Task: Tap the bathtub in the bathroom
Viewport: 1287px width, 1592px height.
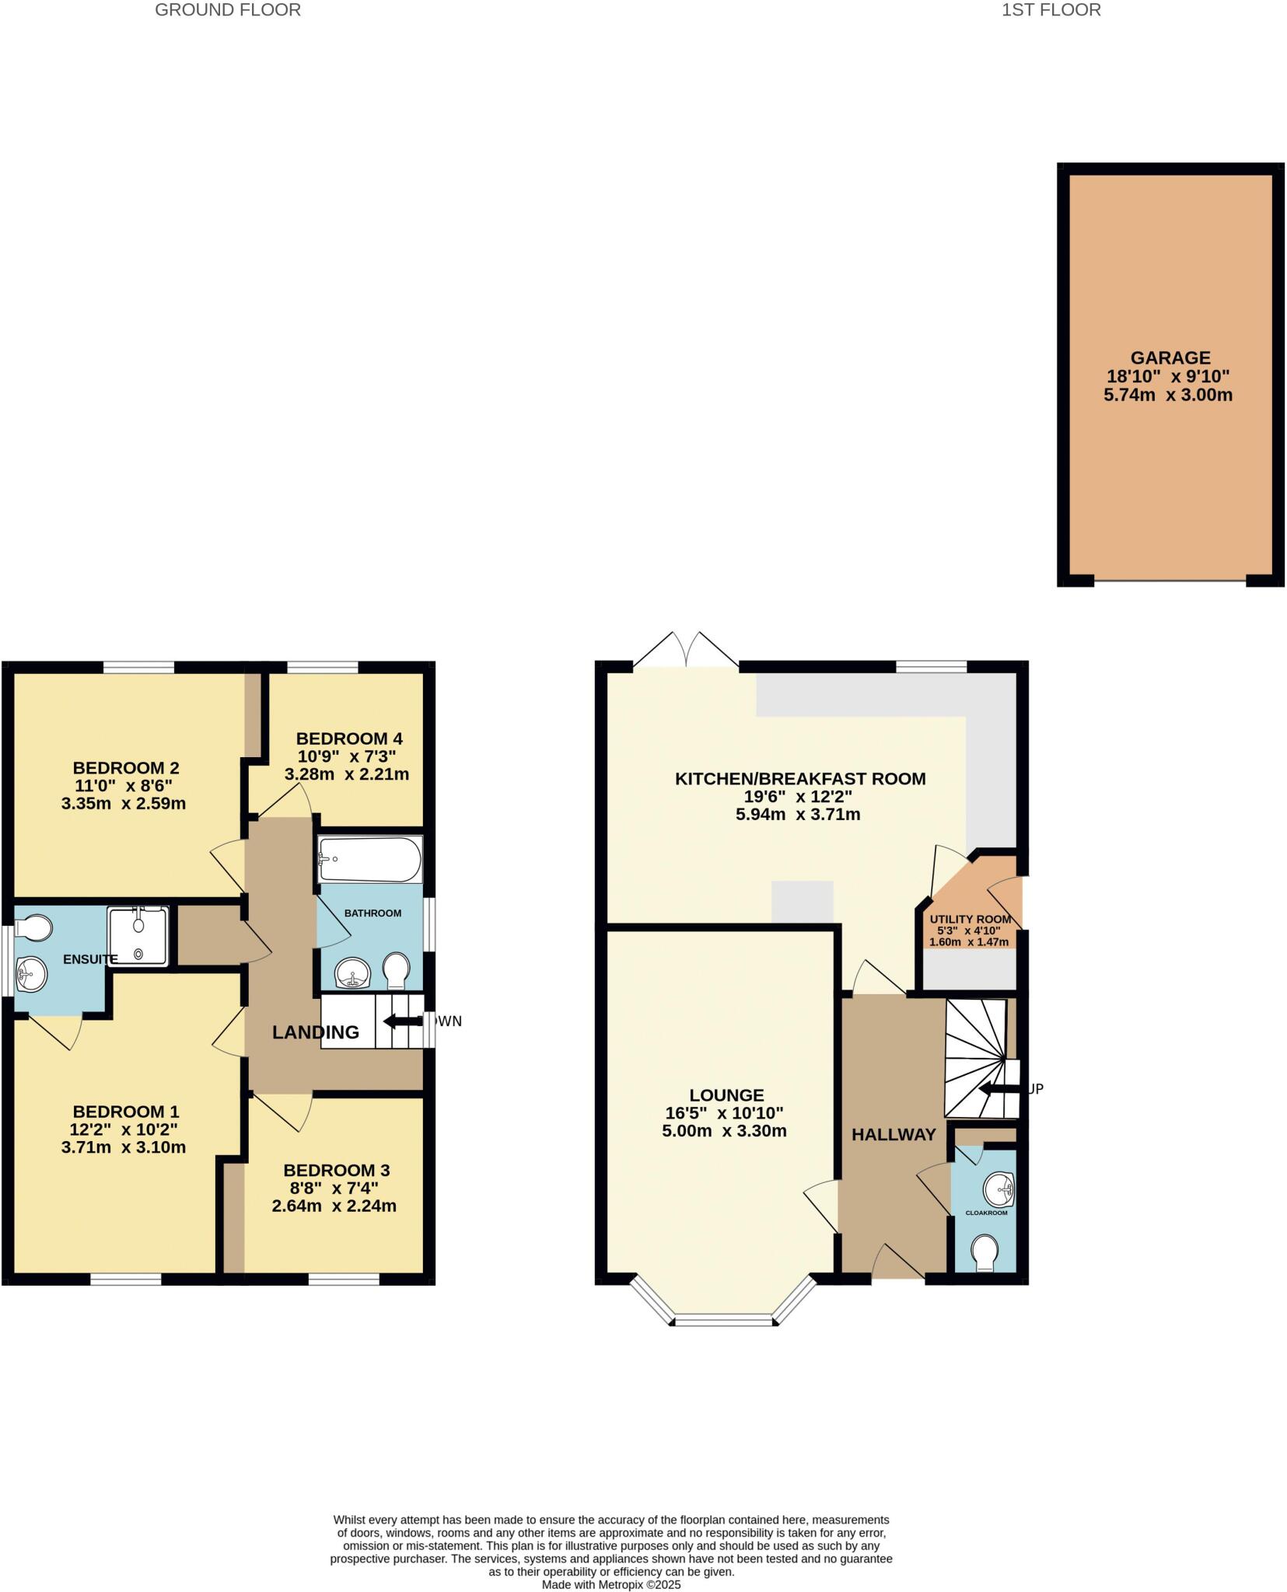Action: point(369,859)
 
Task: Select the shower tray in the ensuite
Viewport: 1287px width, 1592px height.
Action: point(138,936)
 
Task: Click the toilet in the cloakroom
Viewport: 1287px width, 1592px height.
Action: point(985,1252)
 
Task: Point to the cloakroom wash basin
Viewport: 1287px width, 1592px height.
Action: point(998,1189)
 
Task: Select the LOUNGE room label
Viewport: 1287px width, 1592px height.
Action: point(726,1095)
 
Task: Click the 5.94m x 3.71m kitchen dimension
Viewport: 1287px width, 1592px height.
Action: point(798,815)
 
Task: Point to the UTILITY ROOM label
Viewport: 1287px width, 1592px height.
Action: point(970,920)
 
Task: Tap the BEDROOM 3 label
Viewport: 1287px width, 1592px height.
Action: point(336,1170)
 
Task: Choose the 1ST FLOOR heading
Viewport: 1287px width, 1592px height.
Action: point(1051,10)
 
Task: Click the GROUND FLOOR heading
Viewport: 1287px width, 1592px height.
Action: point(228,10)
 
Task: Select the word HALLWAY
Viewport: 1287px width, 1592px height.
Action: point(894,1134)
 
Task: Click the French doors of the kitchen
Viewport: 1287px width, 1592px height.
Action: point(687,651)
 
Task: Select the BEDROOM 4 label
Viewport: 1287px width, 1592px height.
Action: point(349,738)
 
